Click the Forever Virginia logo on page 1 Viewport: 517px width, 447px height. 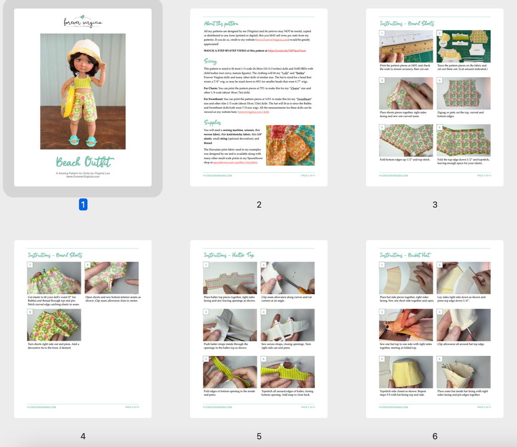tap(83, 23)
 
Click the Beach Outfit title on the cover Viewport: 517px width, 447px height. tap(83, 162)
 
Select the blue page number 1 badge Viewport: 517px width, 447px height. tap(83, 204)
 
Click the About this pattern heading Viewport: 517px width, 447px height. tap(221, 24)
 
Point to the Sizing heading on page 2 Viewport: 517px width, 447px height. tap(211, 61)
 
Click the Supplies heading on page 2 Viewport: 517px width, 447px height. tap(213, 122)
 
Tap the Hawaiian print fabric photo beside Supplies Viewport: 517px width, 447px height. tap(290, 145)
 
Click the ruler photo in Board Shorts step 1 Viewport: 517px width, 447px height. tap(406, 47)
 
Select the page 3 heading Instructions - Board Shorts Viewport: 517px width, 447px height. tap(406, 24)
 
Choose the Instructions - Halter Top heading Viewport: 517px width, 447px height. tap(229, 255)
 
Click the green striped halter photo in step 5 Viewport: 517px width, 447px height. tap(230, 372)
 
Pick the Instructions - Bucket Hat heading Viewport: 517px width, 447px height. tap(405, 255)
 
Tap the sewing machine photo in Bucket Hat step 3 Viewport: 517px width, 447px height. tap(406, 325)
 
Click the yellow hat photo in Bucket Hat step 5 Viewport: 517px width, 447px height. tap(406, 372)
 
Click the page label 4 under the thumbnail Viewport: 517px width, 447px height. tap(83, 436)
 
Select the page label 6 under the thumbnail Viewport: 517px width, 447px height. tap(435, 436)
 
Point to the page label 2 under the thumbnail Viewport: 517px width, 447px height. tap(259, 204)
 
